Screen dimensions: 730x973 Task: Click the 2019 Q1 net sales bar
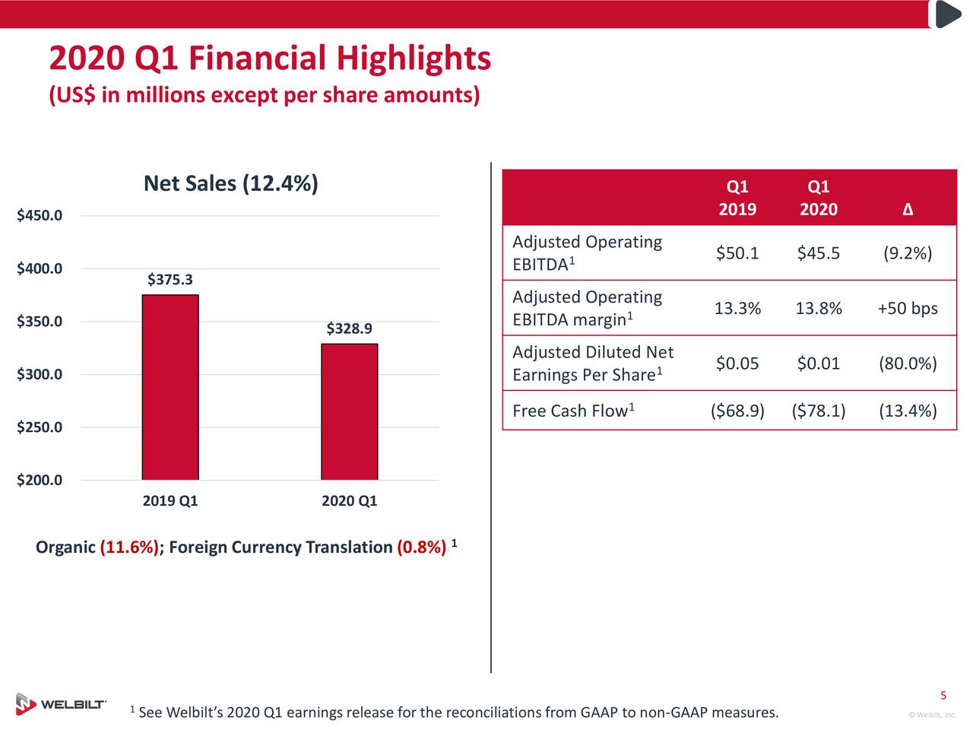[x=170, y=387]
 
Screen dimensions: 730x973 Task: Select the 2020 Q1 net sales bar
[x=349, y=411]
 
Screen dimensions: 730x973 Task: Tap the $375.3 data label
[x=170, y=280]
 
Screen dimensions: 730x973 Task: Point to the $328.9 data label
[x=349, y=328]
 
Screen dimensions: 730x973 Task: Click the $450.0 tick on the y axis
[x=40, y=216]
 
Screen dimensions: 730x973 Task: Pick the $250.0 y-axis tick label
[x=40, y=427]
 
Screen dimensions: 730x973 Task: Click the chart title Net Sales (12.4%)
[x=230, y=184]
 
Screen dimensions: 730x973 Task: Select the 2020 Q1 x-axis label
[x=349, y=501]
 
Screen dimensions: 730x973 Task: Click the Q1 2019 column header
[x=737, y=198]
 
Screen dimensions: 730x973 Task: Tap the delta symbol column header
[x=908, y=210]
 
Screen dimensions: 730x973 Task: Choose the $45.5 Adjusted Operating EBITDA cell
[x=818, y=253]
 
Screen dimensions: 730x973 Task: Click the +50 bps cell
[x=907, y=309]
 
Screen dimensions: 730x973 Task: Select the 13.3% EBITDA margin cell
[x=737, y=309]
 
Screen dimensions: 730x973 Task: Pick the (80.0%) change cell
[x=907, y=363]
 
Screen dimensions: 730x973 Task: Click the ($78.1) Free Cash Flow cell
[x=818, y=411]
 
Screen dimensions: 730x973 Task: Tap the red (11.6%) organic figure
[x=129, y=547]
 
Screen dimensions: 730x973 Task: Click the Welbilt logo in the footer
[x=61, y=704]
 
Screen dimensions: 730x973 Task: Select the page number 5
[x=943, y=696]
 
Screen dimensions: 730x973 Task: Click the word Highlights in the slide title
[x=414, y=59]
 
